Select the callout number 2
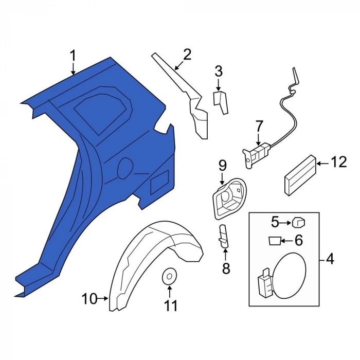tap(187, 55)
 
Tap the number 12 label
tap(338, 162)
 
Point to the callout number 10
tap(89, 299)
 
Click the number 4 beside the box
tap(330, 260)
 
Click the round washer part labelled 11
tap(169, 277)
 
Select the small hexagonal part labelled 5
tap(298, 223)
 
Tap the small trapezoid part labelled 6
tap(274, 241)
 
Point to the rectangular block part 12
tap(301, 175)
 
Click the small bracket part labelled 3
tap(221, 102)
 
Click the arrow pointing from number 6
tap(287, 241)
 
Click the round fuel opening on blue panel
tap(125, 168)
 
